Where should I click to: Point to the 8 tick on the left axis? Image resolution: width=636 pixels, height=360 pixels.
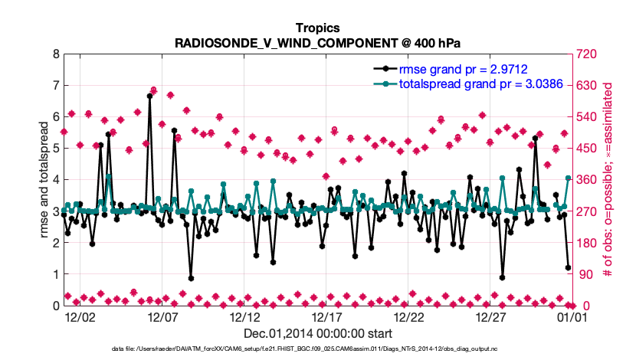55,54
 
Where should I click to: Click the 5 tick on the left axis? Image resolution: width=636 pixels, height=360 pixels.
55,149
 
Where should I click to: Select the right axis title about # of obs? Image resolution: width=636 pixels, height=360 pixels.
608,180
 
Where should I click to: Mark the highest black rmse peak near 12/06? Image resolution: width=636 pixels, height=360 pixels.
150,96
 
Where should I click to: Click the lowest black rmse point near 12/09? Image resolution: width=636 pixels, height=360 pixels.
191,278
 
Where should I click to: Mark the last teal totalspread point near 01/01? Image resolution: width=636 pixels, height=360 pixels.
568,178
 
